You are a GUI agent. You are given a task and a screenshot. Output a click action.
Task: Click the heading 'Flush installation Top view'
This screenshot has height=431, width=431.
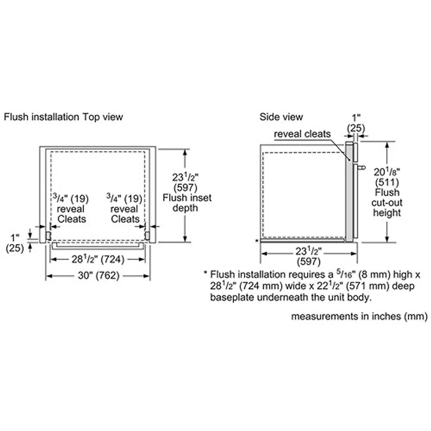[64, 116]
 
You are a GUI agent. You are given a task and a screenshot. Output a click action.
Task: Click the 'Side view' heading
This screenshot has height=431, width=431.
[281, 116]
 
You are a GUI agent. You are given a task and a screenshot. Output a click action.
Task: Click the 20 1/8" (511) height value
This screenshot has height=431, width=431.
[387, 177]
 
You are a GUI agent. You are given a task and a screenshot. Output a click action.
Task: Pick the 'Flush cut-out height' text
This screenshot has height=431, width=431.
[387, 203]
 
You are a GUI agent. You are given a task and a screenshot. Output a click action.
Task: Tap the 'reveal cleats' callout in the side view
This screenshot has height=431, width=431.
[302, 134]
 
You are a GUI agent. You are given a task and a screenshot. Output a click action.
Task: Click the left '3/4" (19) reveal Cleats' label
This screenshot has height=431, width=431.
[71, 208]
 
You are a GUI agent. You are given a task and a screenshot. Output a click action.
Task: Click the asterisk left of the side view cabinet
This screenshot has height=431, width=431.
[256, 240]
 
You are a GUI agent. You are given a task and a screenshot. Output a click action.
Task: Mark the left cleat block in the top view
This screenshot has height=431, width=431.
[48, 235]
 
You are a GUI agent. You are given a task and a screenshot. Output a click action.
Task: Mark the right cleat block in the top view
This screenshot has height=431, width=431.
[147, 235]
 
